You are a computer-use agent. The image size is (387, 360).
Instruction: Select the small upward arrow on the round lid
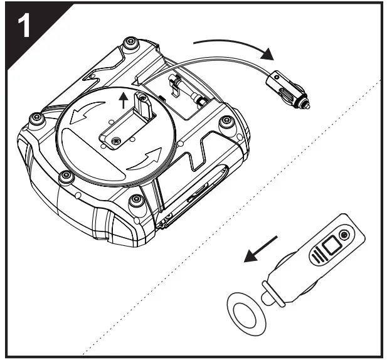[x=124, y=98]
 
